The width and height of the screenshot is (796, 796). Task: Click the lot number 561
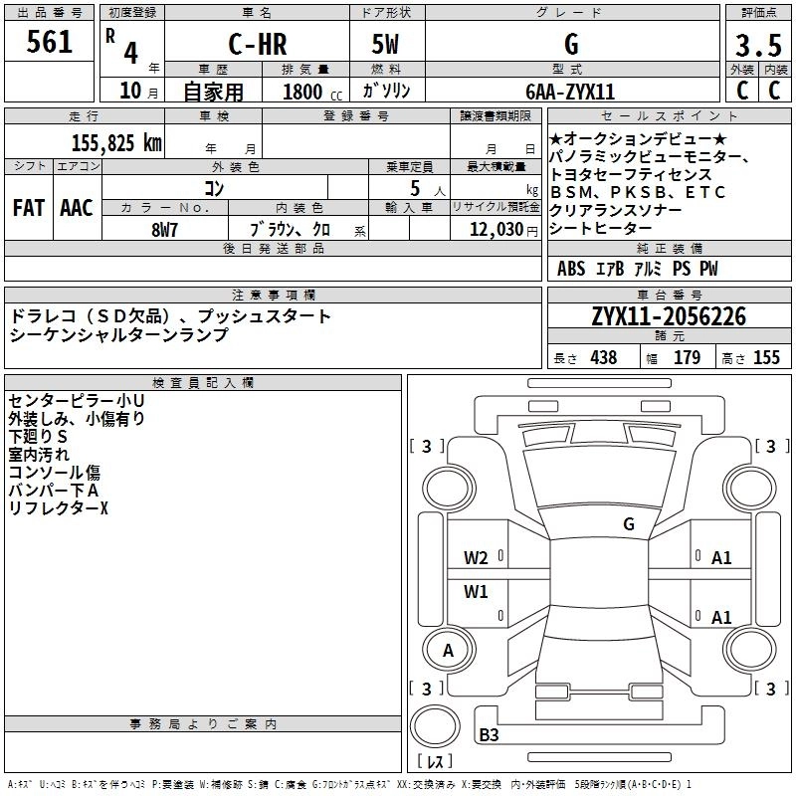[50, 43]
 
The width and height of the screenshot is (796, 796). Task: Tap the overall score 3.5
[757, 46]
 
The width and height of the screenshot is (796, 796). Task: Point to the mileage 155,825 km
[116, 143]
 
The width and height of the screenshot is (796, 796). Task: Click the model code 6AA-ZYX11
[571, 91]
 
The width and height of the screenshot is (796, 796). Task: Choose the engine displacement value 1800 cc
[309, 92]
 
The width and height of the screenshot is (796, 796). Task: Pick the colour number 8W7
[165, 229]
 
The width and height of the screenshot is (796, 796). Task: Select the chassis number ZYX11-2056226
[669, 317]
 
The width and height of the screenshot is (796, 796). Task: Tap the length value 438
[603, 357]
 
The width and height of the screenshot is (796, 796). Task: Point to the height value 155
[766, 357]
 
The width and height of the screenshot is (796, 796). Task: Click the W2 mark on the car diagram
[476, 557]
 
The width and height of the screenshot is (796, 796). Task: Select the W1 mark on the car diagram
[476, 592]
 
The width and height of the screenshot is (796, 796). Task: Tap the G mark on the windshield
[628, 524]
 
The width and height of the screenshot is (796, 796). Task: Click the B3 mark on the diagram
[489, 735]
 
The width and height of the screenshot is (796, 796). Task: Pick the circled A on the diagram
[448, 651]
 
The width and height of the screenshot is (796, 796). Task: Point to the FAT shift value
[28, 208]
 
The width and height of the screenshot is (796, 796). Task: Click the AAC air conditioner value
[76, 208]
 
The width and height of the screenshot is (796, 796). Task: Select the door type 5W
[387, 44]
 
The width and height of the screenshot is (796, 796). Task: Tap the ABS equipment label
[571, 269]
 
